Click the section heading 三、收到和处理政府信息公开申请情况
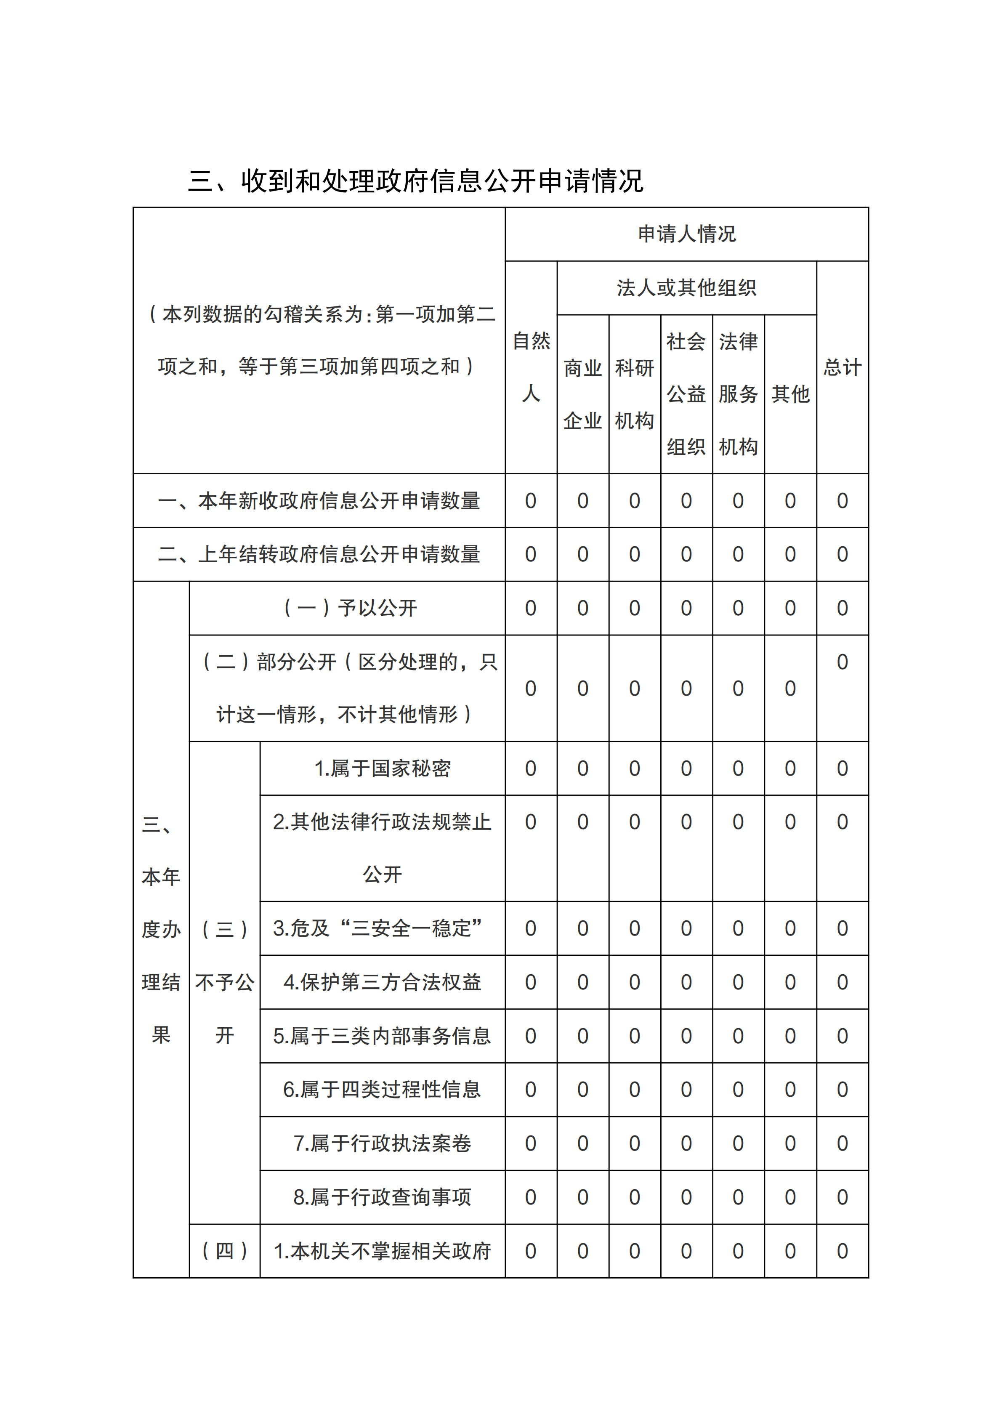click(x=415, y=181)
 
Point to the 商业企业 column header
click(x=582, y=394)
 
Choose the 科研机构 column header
click(x=634, y=394)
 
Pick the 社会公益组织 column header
click(x=686, y=394)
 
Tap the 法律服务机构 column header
click(x=738, y=394)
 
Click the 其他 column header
click(x=790, y=394)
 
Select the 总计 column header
click(x=842, y=367)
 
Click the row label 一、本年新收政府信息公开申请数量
click(x=319, y=500)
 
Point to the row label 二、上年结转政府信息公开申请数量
click(x=319, y=554)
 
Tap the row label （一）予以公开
click(x=349, y=608)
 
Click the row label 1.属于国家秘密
click(x=382, y=768)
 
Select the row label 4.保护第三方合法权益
click(x=382, y=982)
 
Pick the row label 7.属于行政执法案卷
click(x=382, y=1143)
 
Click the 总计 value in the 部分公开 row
click(x=842, y=662)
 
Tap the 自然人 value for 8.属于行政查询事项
click(x=531, y=1197)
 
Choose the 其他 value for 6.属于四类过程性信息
click(x=790, y=1089)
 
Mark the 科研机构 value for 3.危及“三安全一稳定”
click(x=634, y=928)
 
